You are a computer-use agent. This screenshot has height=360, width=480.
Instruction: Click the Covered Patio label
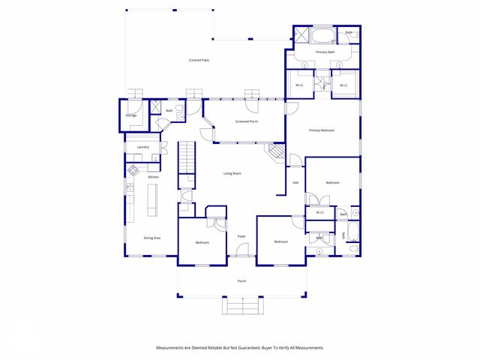[x=199, y=59]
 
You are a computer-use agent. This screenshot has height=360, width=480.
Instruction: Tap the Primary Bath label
[x=325, y=52]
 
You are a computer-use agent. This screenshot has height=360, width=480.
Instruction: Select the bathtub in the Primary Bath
[x=325, y=36]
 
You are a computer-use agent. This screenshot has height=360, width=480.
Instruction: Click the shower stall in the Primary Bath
[x=301, y=35]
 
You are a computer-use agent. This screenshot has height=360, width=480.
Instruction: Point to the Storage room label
[x=131, y=115]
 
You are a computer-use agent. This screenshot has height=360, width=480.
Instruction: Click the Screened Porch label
[x=247, y=121]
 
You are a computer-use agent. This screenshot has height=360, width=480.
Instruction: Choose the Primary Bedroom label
[x=322, y=130]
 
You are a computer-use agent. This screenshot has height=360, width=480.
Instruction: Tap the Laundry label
[x=142, y=147]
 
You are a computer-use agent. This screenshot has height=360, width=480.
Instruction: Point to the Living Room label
[x=232, y=173]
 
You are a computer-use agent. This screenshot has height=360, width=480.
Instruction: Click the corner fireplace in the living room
[x=276, y=153]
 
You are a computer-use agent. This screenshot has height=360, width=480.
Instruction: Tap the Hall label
[x=295, y=182]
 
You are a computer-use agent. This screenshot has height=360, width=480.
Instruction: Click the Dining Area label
[x=152, y=238]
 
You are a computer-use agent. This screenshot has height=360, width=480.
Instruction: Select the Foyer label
[x=241, y=236]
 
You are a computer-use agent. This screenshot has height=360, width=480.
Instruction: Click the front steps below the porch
[x=241, y=305]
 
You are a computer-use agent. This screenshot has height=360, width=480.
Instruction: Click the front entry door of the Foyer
[x=241, y=256]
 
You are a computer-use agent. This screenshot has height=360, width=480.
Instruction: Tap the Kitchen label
[x=153, y=177]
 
